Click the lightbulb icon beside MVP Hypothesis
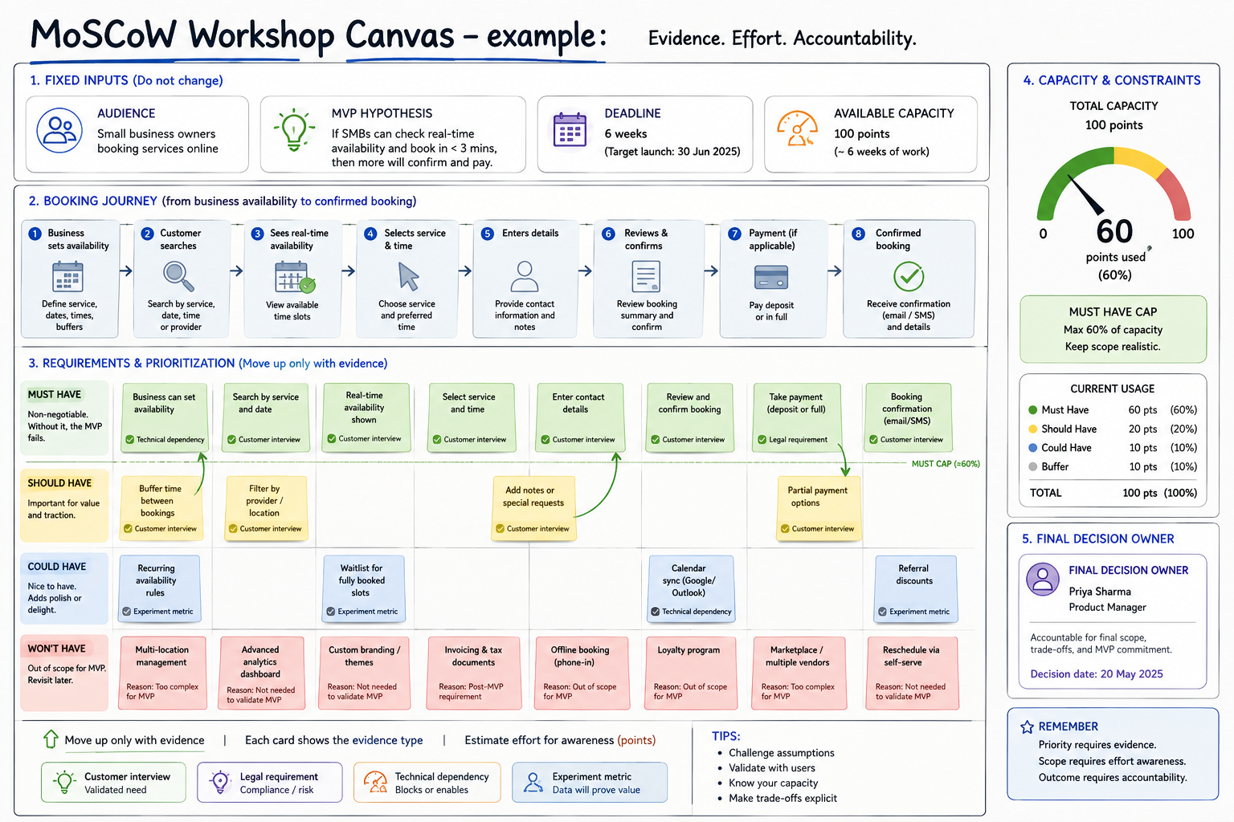(294, 130)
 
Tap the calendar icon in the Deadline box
(570, 130)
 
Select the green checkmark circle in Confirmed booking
(909, 276)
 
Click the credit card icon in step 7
(770, 277)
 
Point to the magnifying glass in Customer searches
(178, 276)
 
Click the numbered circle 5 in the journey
(487, 234)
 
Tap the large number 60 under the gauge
(1114, 230)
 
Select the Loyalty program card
(690, 673)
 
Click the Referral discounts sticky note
(915, 589)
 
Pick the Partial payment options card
(819, 508)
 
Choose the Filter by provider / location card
(266, 507)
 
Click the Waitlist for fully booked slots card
(363, 588)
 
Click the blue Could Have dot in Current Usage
(1033, 448)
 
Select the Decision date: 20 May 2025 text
(1097, 674)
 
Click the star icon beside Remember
(1027, 726)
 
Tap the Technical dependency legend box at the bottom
(427, 783)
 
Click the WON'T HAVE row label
(57, 649)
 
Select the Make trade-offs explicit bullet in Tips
(782, 799)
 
